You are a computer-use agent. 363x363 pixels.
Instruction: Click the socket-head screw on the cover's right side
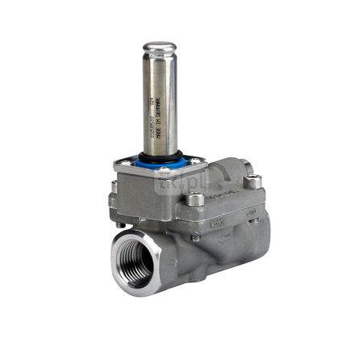click(252, 181)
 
